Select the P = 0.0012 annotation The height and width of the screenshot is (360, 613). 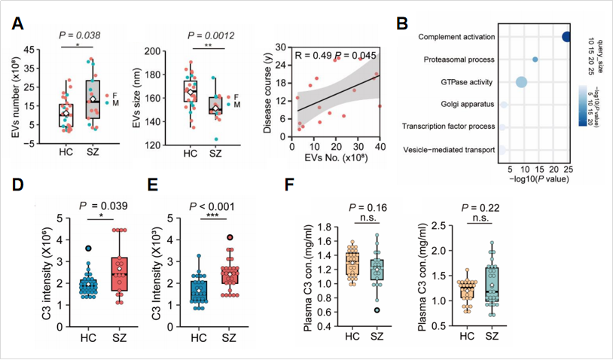click(x=212, y=35)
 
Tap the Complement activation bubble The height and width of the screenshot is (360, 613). click(x=567, y=36)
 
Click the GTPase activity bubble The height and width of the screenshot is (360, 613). click(x=520, y=81)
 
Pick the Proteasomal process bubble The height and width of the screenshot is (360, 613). click(x=535, y=59)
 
